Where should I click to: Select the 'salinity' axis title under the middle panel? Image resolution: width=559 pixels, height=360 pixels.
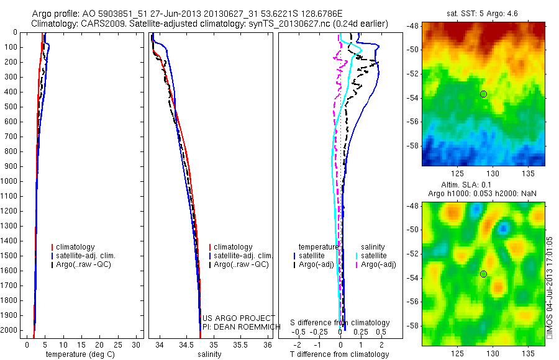click(209, 354)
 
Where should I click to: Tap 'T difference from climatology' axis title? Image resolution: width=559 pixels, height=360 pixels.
click(339, 354)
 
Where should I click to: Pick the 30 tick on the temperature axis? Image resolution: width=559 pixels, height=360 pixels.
click(137, 344)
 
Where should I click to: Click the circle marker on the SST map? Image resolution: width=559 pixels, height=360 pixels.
click(483, 94)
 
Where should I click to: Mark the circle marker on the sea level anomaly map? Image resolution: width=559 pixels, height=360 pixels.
click(483, 274)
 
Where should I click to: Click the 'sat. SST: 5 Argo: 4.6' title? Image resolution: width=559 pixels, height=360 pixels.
click(483, 13)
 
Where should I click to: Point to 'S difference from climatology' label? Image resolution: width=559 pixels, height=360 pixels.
click(340, 323)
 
